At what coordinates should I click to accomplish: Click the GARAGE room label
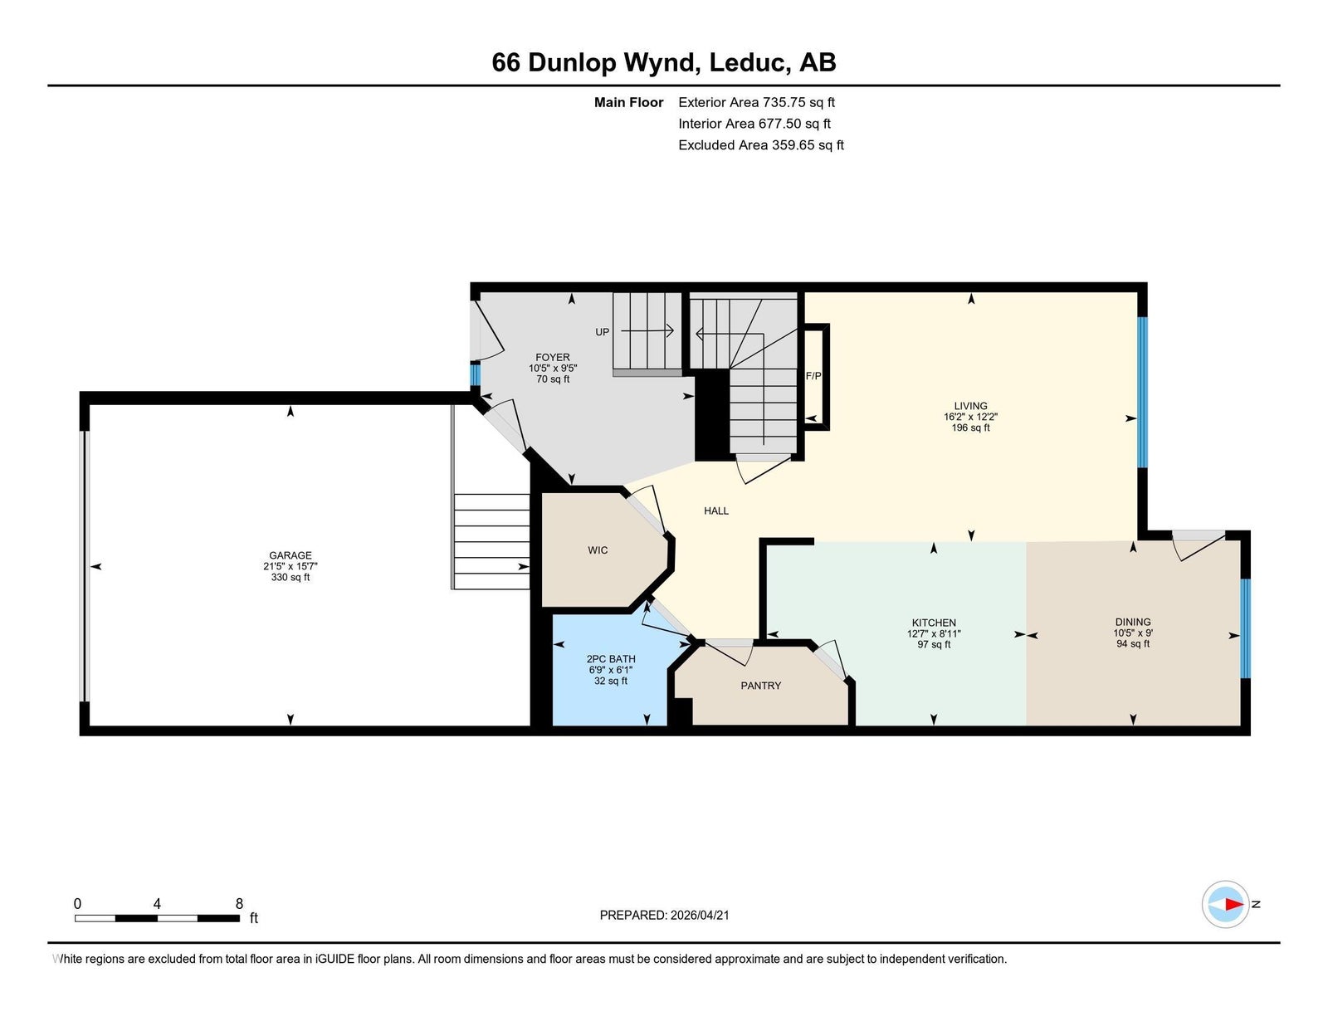coord(290,555)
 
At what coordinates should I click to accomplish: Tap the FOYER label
coord(553,358)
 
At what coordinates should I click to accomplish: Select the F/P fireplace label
coord(813,376)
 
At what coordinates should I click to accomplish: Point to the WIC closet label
coord(598,550)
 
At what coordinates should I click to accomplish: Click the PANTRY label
coord(761,686)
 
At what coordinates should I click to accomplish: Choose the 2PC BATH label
coord(611,659)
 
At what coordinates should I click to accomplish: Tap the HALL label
coord(716,511)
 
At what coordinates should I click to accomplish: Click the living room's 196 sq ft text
coord(970,427)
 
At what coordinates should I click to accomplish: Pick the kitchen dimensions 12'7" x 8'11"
coord(934,633)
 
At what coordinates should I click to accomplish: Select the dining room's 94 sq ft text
coord(1133,643)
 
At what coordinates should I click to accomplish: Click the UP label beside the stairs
coord(602,332)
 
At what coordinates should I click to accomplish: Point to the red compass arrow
coord(1234,905)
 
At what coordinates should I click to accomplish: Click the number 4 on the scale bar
coord(157,904)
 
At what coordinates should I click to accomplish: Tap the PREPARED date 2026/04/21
coord(700,916)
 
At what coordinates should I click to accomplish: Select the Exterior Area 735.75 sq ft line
coord(757,103)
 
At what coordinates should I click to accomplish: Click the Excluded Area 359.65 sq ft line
coord(761,145)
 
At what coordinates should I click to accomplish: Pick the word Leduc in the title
coord(748,62)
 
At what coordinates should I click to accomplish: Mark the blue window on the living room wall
coord(1142,393)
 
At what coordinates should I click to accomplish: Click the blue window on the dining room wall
coord(1245,628)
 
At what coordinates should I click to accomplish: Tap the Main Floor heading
coord(628,103)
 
